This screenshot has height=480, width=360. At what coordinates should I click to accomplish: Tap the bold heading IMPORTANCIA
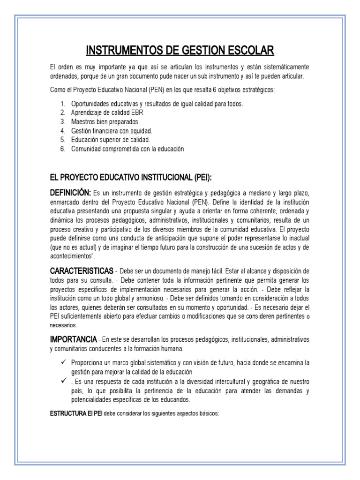click(73, 338)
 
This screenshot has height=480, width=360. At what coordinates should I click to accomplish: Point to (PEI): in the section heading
click(200, 177)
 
